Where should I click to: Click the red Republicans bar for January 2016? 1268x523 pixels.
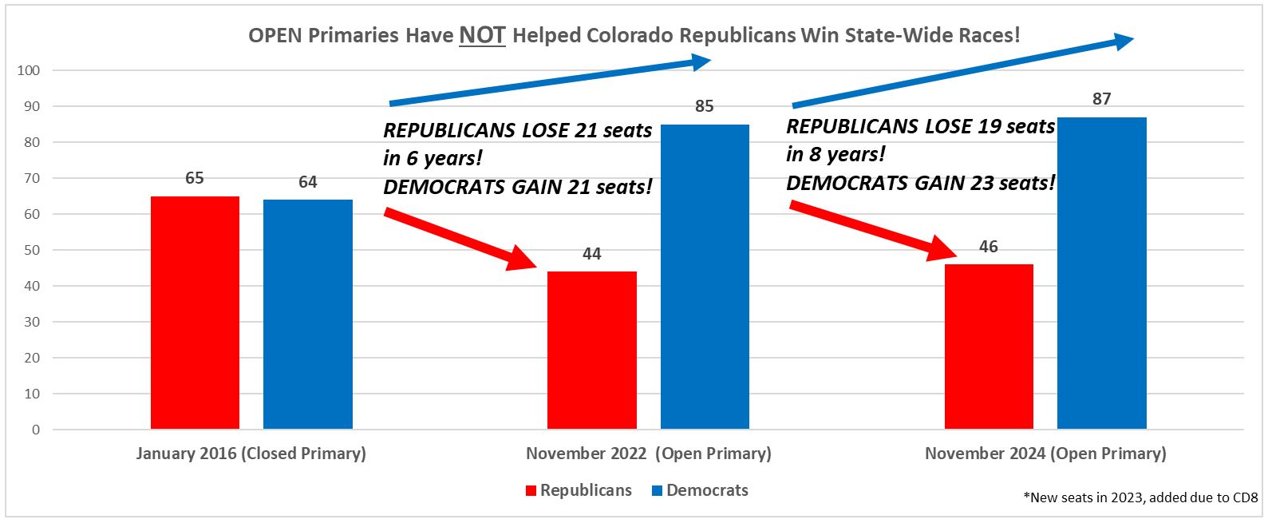[x=195, y=313]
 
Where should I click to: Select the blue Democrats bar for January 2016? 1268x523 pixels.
[x=308, y=315]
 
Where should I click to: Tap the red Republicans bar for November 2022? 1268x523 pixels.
[x=591, y=351]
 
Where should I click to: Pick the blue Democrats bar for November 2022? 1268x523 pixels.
[x=705, y=277]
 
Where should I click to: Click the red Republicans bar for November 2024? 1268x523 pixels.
[x=989, y=347]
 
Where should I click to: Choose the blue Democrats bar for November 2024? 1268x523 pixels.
[x=1101, y=273]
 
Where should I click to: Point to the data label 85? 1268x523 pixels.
[x=705, y=106]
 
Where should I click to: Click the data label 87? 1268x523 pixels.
[x=1101, y=99]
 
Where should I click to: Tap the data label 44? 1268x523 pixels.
[x=591, y=254]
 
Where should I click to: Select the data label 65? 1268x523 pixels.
[x=195, y=178]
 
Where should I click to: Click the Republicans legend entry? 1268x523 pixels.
[x=579, y=490]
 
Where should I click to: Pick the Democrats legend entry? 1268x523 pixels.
[x=700, y=490]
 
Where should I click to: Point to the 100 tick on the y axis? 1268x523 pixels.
[x=29, y=70]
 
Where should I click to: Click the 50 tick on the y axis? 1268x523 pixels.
[x=32, y=250]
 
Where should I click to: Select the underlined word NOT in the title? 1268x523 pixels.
[x=482, y=36]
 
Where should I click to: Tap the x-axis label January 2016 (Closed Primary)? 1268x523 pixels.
[x=251, y=454]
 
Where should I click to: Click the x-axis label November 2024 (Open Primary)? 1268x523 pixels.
[x=1045, y=454]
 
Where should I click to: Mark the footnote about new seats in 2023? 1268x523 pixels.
[x=1140, y=497]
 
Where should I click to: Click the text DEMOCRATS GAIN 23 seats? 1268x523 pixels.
[x=920, y=183]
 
